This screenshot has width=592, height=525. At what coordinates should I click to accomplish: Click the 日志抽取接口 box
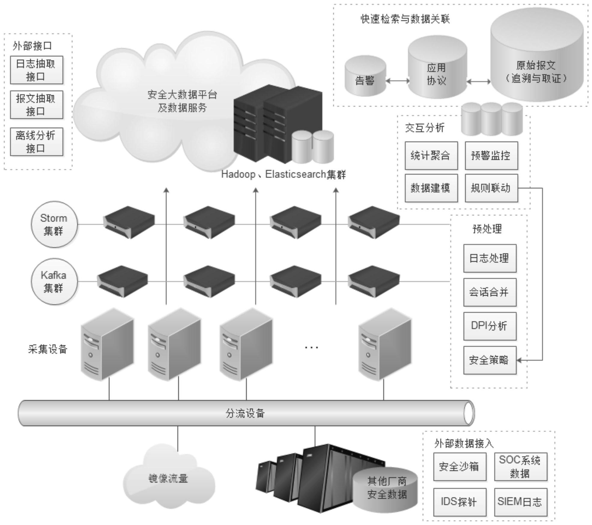coord(36,70)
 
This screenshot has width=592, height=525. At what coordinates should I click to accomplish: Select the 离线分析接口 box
coord(36,142)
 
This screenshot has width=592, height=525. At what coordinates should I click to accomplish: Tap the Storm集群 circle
coord(54,224)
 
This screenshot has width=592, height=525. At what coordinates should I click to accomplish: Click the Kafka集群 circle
coord(54,281)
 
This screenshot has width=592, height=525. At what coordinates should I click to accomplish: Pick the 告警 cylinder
coord(365,77)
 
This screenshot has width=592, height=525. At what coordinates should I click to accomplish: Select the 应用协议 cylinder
coord(437,71)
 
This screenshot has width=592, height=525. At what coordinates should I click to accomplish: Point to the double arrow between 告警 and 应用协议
coord(397,81)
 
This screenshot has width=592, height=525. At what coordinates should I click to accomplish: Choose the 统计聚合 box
coord(431,156)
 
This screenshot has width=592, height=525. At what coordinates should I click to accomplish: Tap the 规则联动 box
coord(491,188)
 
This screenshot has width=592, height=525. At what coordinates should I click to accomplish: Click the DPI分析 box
coord(490,326)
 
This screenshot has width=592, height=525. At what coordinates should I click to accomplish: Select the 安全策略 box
coord(490,360)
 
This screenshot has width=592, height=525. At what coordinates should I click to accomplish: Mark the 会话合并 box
coord(490,292)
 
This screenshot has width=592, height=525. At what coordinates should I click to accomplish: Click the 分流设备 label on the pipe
coord(245,413)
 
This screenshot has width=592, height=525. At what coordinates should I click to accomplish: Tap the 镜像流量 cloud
coord(168,478)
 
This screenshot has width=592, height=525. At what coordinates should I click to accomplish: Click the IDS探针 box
coord(459,502)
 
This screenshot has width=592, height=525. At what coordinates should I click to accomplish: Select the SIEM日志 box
coord(520,502)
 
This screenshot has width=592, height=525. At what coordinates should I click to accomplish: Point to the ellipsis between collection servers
coord(311,348)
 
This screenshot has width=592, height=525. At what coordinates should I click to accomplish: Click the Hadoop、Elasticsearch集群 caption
coord(283,174)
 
